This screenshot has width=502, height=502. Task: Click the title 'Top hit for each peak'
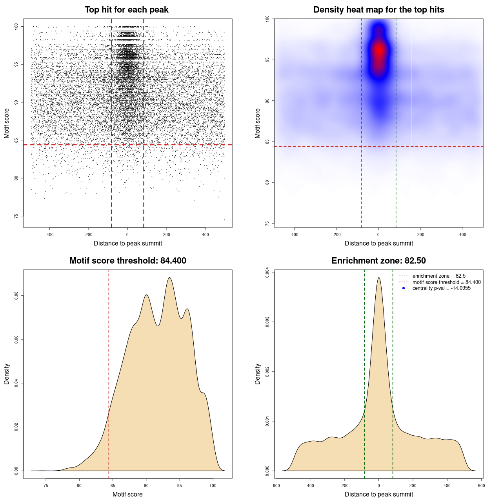pyautogui.click(x=127, y=10)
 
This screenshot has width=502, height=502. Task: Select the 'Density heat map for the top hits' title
pyautogui.click(x=378, y=10)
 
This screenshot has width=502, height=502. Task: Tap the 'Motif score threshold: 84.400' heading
pyautogui.click(x=127, y=261)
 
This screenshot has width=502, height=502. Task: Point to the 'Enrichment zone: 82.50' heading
pyautogui.click(x=378, y=261)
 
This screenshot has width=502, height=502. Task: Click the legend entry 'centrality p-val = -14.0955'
pyautogui.click(x=441, y=288)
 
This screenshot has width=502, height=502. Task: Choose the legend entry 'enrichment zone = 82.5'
pyautogui.click(x=439, y=276)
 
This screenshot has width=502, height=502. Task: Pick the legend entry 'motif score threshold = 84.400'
pyautogui.click(x=446, y=282)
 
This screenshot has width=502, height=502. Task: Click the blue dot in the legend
pyautogui.click(x=404, y=288)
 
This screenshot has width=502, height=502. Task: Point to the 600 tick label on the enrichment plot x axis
pyautogui.click(x=481, y=486)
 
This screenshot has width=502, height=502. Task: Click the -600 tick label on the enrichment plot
pyautogui.click(x=276, y=486)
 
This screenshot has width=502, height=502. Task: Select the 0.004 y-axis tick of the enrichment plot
pyautogui.click(x=267, y=272)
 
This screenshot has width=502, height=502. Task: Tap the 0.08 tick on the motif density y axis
pyautogui.click(x=16, y=295)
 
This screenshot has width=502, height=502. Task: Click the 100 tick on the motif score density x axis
pyautogui.click(x=213, y=486)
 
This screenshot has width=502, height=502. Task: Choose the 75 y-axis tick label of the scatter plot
pyautogui.click(x=16, y=216)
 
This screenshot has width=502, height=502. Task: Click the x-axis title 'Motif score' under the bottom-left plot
pyautogui.click(x=127, y=494)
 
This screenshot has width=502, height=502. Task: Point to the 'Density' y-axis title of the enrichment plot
pyautogui.click(x=258, y=374)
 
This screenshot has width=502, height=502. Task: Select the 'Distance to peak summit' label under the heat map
pyautogui.click(x=378, y=243)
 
